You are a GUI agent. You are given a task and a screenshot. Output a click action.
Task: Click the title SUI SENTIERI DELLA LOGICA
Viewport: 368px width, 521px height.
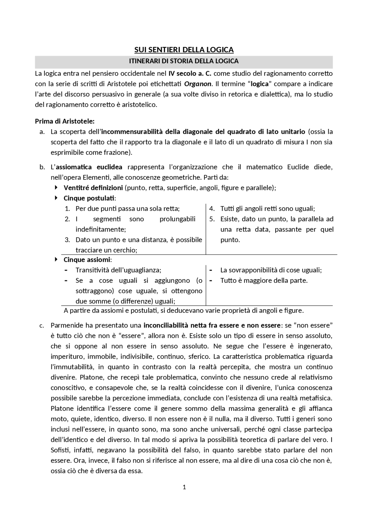(x=184, y=50)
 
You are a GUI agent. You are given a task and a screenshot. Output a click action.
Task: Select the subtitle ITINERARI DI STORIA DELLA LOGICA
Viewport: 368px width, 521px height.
(x=184, y=61)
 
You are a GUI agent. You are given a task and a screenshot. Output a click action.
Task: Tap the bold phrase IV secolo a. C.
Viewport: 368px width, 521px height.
(x=190, y=73)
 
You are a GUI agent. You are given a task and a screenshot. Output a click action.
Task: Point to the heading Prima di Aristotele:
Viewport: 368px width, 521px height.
(x=65, y=121)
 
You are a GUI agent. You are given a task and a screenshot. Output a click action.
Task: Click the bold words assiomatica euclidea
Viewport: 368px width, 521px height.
(x=89, y=167)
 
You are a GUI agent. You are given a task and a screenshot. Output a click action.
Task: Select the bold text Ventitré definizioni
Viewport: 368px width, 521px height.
(x=93, y=188)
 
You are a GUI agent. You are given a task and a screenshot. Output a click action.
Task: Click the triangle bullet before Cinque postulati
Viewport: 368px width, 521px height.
(x=56, y=198)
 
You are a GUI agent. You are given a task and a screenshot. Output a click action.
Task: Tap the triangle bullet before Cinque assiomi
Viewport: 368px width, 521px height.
(x=56, y=259)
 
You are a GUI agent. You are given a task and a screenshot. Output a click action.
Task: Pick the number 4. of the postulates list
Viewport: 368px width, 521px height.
(x=212, y=209)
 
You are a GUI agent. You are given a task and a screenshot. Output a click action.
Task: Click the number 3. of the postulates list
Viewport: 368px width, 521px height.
(x=67, y=240)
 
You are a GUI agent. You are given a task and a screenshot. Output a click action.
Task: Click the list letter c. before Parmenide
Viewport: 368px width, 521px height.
(x=42, y=326)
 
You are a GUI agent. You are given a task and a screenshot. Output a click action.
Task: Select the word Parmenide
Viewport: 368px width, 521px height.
(x=64, y=325)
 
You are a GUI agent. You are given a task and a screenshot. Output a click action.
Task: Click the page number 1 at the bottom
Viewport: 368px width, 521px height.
(x=184, y=487)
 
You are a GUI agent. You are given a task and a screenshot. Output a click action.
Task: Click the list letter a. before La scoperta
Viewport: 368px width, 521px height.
(x=42, y=132)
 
